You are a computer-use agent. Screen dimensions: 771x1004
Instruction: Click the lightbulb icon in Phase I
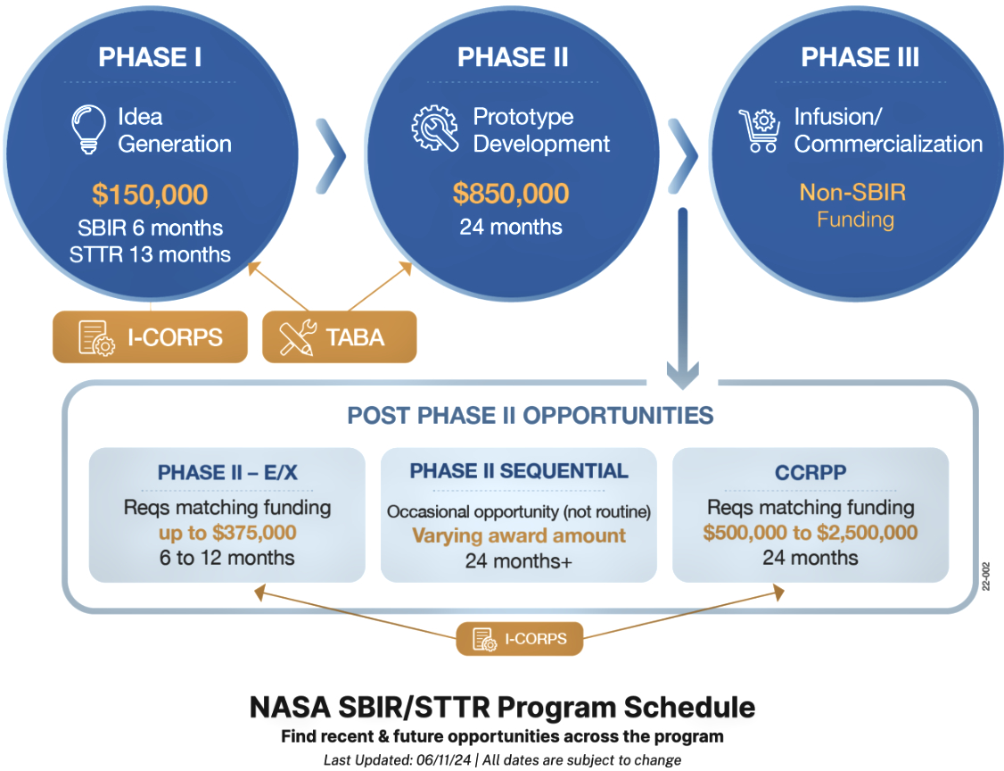(x=88, y=129)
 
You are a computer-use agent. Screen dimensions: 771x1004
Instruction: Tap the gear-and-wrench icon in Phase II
(x=434, y=128)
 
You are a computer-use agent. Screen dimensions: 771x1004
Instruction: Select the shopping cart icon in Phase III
(x=759, y=130)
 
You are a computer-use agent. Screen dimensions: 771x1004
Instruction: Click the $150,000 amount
(x=150, y=194)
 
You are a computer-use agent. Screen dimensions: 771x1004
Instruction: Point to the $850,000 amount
(x=510, y=194)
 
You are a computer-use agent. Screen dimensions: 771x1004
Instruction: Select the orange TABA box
(x=339, y=336)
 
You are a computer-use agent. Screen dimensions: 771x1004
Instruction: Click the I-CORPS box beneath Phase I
(x=149, y=336)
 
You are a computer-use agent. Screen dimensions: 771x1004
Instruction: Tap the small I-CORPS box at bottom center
(x=519, y=639)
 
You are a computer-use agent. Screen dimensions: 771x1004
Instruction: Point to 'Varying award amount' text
(x=518, y=535)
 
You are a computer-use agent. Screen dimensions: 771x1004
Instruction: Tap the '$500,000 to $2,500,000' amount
(x=810, y=533)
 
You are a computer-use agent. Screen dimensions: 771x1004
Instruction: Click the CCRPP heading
(x=810, y=471)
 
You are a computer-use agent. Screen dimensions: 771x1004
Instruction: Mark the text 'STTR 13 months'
(x=150, y=254)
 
